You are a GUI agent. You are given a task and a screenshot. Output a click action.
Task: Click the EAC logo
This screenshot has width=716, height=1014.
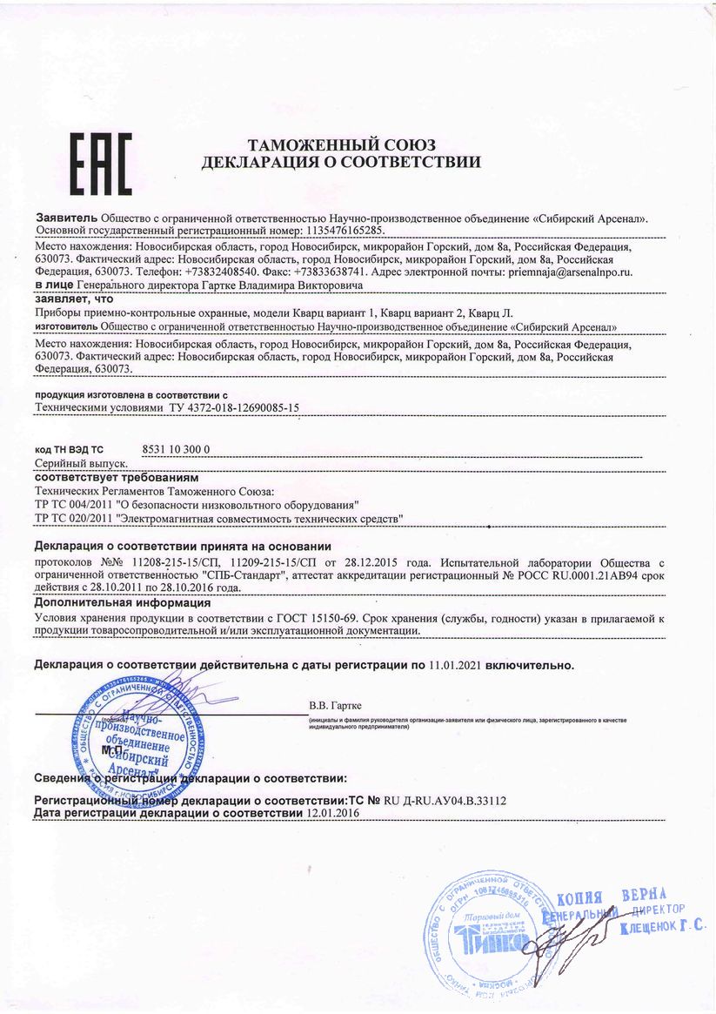tap(101, 163)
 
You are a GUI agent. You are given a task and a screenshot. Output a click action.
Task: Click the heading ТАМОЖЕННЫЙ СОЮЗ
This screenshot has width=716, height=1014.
tap(341, 144)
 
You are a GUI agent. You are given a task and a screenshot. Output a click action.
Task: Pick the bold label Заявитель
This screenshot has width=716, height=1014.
tap(66, 218)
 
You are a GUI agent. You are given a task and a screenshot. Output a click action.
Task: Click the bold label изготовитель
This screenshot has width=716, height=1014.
tap(66, 327)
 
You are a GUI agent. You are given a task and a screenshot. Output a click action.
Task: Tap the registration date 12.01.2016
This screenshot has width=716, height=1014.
tap(333, 813)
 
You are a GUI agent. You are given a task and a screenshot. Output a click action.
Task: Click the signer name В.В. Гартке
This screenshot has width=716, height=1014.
tap(335, 706)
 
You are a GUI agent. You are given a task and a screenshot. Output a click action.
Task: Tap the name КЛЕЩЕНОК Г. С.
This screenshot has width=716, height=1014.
tap(662, 928)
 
